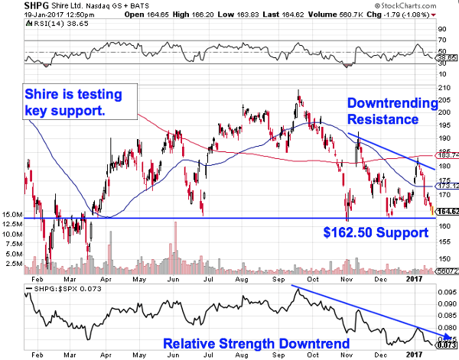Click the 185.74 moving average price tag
[x=446, y=155]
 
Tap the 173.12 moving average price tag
[x=446, y=185]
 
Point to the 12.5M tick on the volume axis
[x=12, y=225]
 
